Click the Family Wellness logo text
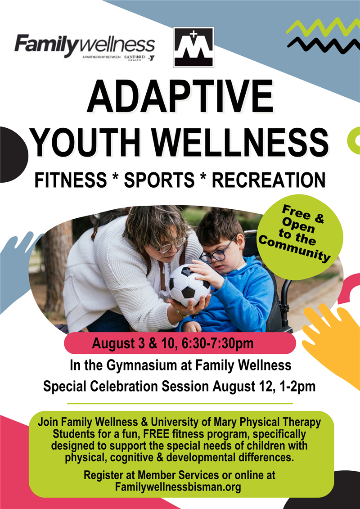(x=85, y=45)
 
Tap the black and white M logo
(x=193, y=47)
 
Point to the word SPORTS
(x=158, y=180)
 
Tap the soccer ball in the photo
(x=189, y=285)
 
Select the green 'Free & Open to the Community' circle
(x=300, y=236)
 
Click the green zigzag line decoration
(x=318, y=27)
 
